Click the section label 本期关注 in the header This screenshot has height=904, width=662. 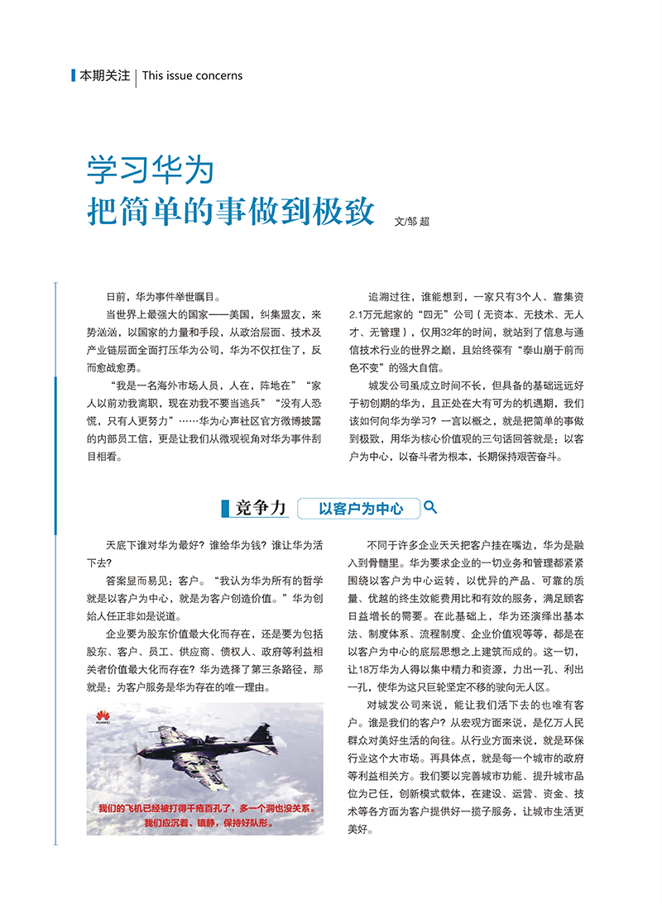click(104, 75)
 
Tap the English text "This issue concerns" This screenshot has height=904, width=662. click(192, 75)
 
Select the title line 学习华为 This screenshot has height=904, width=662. click(151, 169)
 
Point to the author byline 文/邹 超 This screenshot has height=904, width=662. click(413, 221)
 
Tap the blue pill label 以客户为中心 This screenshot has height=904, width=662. click(361, 509)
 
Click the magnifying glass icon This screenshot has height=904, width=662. click(430, 507)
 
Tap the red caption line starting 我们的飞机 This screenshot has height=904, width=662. click(205, 808)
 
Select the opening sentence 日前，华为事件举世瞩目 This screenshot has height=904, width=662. click(162, 296)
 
